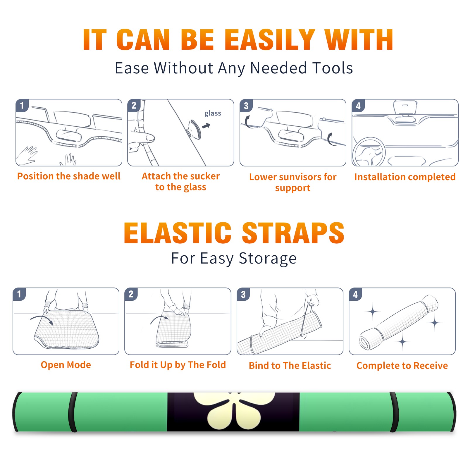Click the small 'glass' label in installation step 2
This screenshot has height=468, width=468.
point(213,113)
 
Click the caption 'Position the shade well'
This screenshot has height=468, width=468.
point(69,176)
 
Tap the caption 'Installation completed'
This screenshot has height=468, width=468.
point(405,177)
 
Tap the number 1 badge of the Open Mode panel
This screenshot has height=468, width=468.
point(19,294)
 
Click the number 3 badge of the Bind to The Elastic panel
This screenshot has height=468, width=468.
point(243,294)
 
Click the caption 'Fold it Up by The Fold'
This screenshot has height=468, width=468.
point(178,365)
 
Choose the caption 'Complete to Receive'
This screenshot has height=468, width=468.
point(402,366)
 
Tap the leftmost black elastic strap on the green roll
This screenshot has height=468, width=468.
point(73,412)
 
